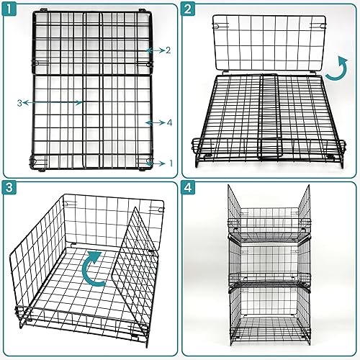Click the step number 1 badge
click(9, 9)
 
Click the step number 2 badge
click(188, 9)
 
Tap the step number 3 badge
click(9, 187)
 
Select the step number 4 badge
click(188, 187)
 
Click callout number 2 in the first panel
click(168, 50)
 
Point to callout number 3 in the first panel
click(19, 103)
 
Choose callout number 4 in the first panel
click(169, 123)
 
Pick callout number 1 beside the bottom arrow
click(171, 163)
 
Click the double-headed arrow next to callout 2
click(155, 50)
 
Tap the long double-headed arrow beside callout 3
click(53, 103)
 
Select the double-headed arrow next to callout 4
click(155, 123)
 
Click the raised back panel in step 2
click(269, 43)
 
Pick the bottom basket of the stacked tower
click(269, 317)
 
